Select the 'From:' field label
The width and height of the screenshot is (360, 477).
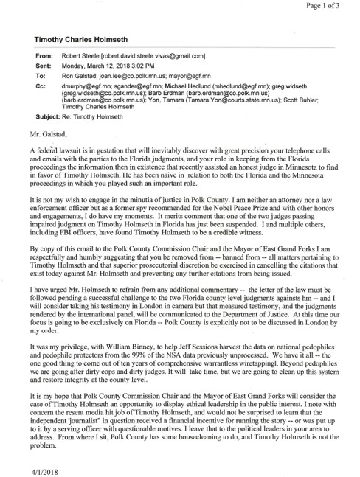pos(44,56)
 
